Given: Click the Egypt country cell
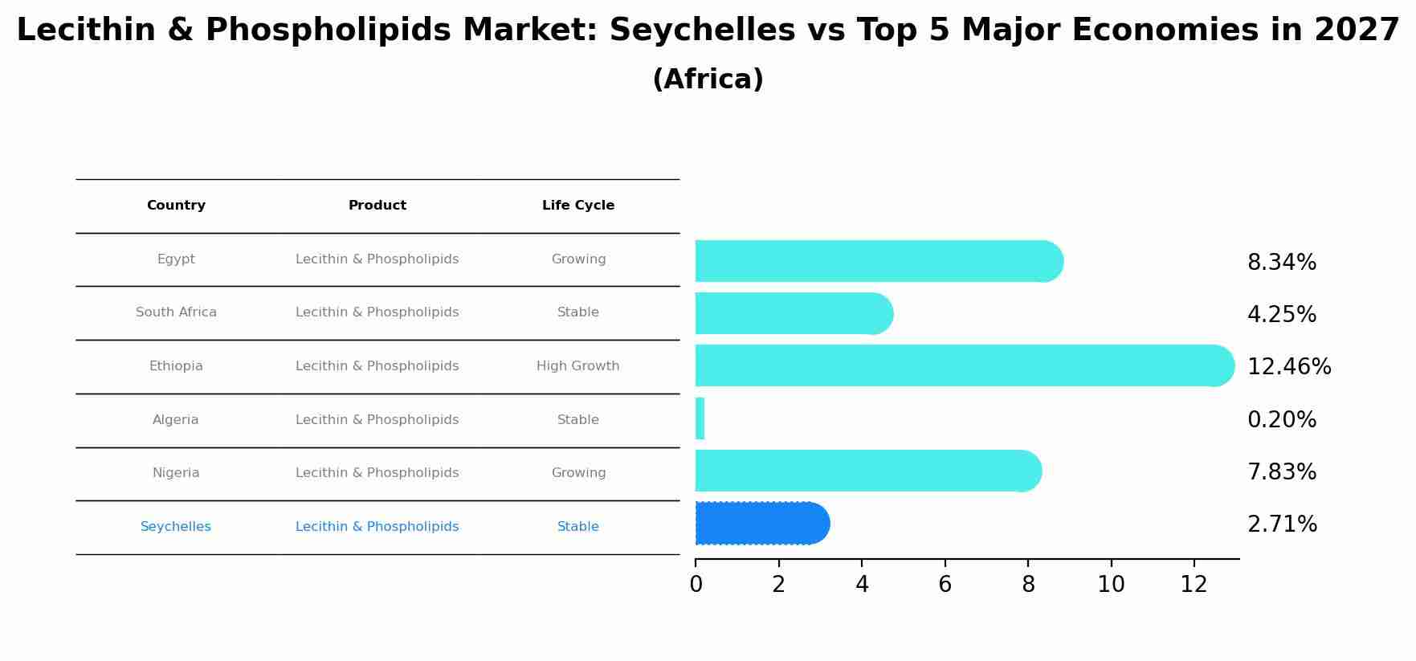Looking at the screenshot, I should coord(176,259).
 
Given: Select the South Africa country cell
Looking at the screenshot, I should coord(176,312).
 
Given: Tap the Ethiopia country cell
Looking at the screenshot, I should coord(176,366).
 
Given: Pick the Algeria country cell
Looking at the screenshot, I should coord(176,420).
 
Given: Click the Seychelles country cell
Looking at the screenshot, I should coord(176,527).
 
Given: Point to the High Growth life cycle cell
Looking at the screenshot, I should coord(577,366).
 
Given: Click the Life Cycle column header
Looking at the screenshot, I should coord(577,206).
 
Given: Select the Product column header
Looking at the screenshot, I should coord(377,206).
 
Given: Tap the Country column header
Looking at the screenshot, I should coord(176,206).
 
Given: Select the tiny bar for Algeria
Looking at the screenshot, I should coord(700,418).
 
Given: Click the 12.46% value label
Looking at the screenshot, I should coord(1288,367).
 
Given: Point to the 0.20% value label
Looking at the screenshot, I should coord(1281,420).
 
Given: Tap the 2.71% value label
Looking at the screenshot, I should coord(1282,524).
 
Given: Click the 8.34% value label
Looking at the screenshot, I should coord(1281,263).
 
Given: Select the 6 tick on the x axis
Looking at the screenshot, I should coord(945,585).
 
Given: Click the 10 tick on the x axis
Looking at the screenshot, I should coord(1111,585).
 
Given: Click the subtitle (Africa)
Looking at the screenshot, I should coord(708,80).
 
